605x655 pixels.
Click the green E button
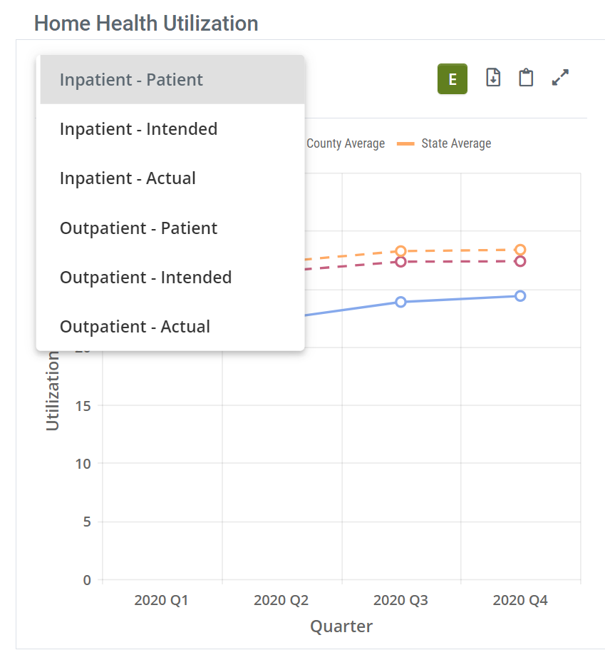452,79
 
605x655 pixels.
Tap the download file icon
493,78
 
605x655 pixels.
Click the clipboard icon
526,78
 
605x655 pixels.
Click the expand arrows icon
561,78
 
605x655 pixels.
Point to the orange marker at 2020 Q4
520,250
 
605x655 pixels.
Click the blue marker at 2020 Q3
400,302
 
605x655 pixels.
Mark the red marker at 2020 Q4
520,261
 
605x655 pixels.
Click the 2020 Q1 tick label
161,601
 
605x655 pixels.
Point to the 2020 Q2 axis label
281,601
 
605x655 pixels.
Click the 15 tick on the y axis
83,405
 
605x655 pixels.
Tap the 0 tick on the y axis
87,580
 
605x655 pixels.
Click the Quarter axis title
341,626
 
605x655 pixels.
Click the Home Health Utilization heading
146,24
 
